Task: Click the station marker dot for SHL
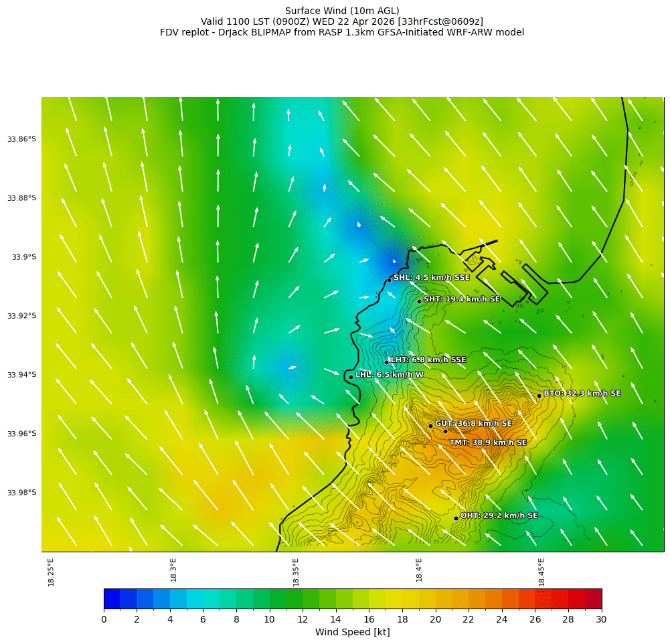[x=389, y=280]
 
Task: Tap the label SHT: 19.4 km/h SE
[x=462, y=299]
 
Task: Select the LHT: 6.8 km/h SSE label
[x=428, y=360]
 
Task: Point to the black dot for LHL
[x=351, y=377]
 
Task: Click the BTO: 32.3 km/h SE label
[x=582, y=394]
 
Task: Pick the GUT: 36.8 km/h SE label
[x=473, y=424]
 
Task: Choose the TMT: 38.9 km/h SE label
[x=488, y=442]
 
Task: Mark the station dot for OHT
[x=456, y=518]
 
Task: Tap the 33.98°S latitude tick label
[x=21, y=493]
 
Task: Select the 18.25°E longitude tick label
[x=52, y=572]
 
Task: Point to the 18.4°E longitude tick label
[x=419, y=572]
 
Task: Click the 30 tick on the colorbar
[x=601, y=620]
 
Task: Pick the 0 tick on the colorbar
[x=104, y=620]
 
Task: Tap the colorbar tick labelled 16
[x=369, y=620]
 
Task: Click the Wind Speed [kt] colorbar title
[x=352, y=632]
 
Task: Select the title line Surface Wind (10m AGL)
[x=342, y=11]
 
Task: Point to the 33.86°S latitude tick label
[x=21, y=139]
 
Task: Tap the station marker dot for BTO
[x=539, y=396]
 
